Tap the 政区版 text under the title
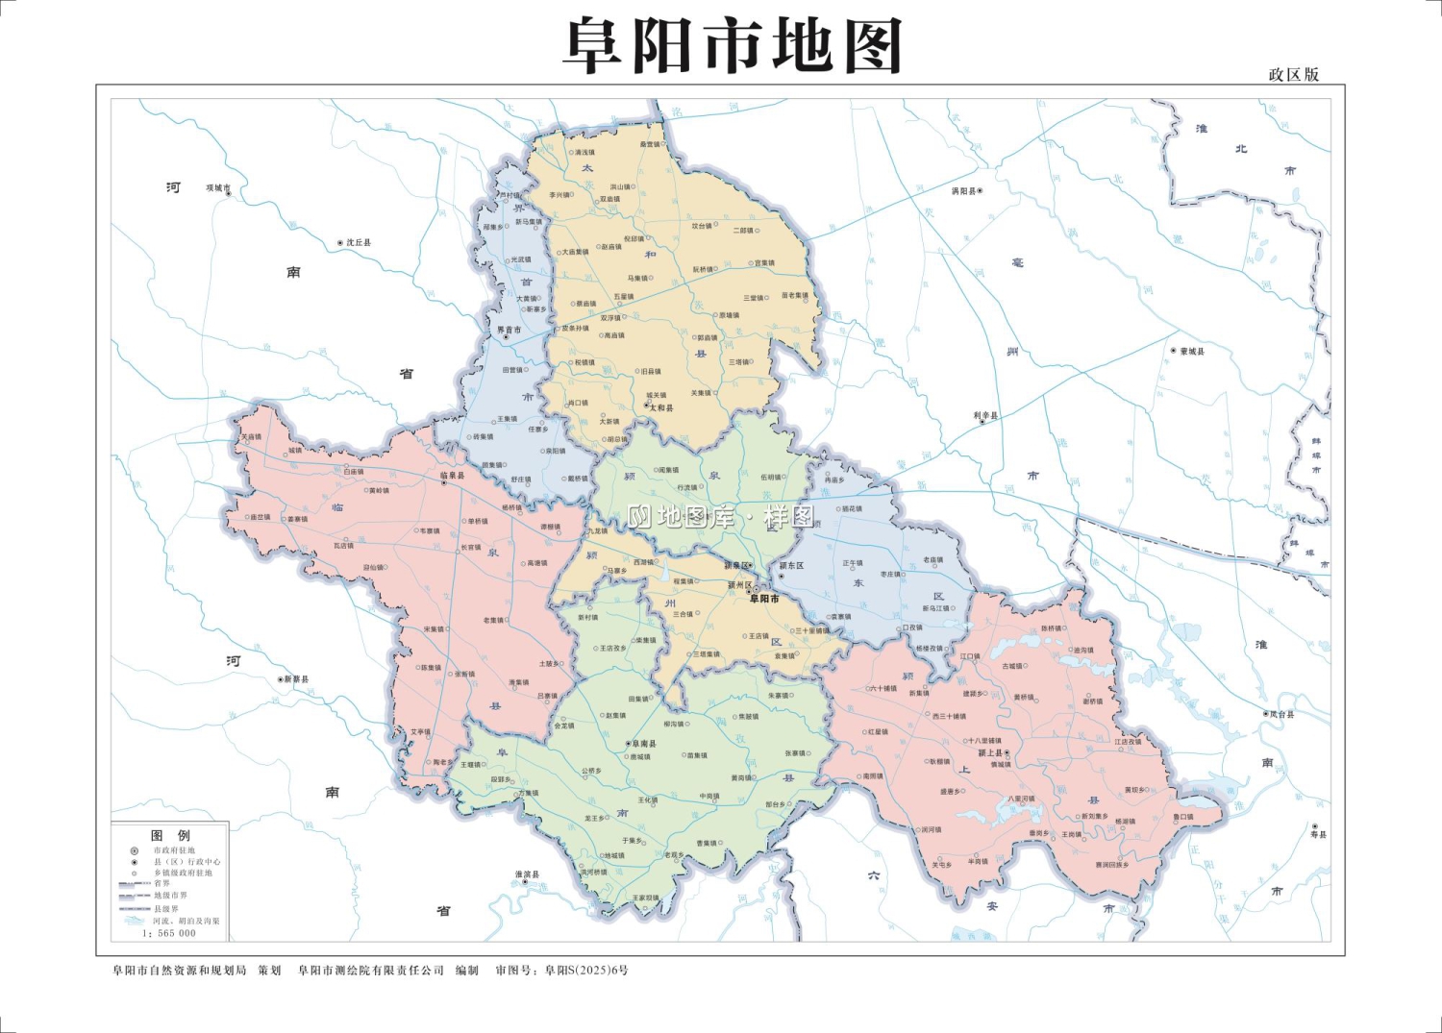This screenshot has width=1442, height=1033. click(x=1293, y=75)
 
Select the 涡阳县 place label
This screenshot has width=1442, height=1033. click(x=963, y=191)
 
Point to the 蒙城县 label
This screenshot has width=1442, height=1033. click(x=1192, y=352)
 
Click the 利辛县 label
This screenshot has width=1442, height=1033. click(x=985, y=416)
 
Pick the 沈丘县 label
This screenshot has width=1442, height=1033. click(x=359, y=243)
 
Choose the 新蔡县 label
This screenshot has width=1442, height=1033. click(x=296, y=679)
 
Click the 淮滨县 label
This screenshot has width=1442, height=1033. click(x=527, y=874)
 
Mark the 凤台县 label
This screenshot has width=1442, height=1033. click(x=1281, y=715)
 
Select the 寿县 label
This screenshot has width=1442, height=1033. click(x=1318, y=834)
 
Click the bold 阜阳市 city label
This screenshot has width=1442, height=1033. click(x=764, y=599)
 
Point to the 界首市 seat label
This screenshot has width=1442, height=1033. click(x=509, y=330)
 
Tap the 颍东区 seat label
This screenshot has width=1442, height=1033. click(x=791, y=566)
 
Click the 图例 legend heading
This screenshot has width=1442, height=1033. click(x=170, y=836)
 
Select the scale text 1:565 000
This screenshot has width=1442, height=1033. click(x=169, y=933)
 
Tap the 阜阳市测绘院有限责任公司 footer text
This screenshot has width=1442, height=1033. click(x=371, y=971)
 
